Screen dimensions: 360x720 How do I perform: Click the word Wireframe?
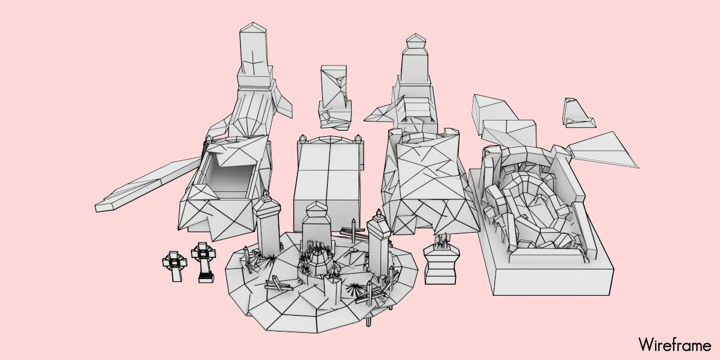[x=674, y=345]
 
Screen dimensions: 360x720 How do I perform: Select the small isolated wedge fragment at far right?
[x=577, y=113]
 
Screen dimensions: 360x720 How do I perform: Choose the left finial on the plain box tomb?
[x=303, y=140]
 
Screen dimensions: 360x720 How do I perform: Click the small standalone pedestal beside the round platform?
[x=442, y=264]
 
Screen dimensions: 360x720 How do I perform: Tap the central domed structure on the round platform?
[x=317, y=258]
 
